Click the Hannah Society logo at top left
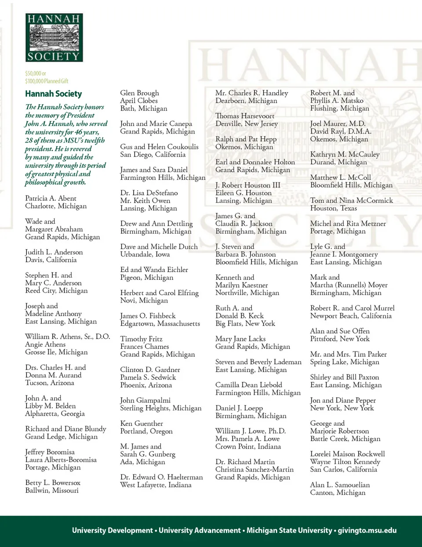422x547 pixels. pos(54,37)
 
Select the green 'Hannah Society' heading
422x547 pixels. pos(53,94)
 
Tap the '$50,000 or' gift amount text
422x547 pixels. pos(36,73)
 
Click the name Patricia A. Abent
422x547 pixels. pos(51,198)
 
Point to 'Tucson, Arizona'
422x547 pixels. pos(49,383)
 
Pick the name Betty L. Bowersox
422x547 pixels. pos(53,482)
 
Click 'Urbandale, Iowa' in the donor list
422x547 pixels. pos(145,254)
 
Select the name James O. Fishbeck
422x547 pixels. pos(148,316)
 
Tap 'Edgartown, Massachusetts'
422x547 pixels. pos(160,323)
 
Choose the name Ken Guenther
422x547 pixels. pos(142,424)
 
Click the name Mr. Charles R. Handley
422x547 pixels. pos(251,93)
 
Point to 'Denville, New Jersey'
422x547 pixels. pos(246,123)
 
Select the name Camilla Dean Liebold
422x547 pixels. pos(248,385)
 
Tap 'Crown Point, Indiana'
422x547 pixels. pos(248,446)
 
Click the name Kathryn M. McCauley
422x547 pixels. pos(345,154)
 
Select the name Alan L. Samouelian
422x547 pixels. pos(340,485)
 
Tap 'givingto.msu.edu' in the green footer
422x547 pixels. pos(367,530)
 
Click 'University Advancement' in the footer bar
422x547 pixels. pos(200,530)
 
